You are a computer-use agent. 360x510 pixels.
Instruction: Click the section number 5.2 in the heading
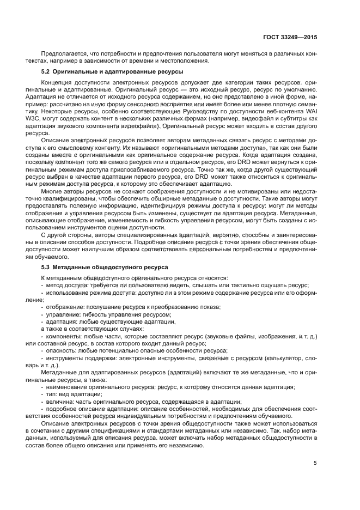point(47,71)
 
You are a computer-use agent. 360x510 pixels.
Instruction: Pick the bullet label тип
point(52,394)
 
